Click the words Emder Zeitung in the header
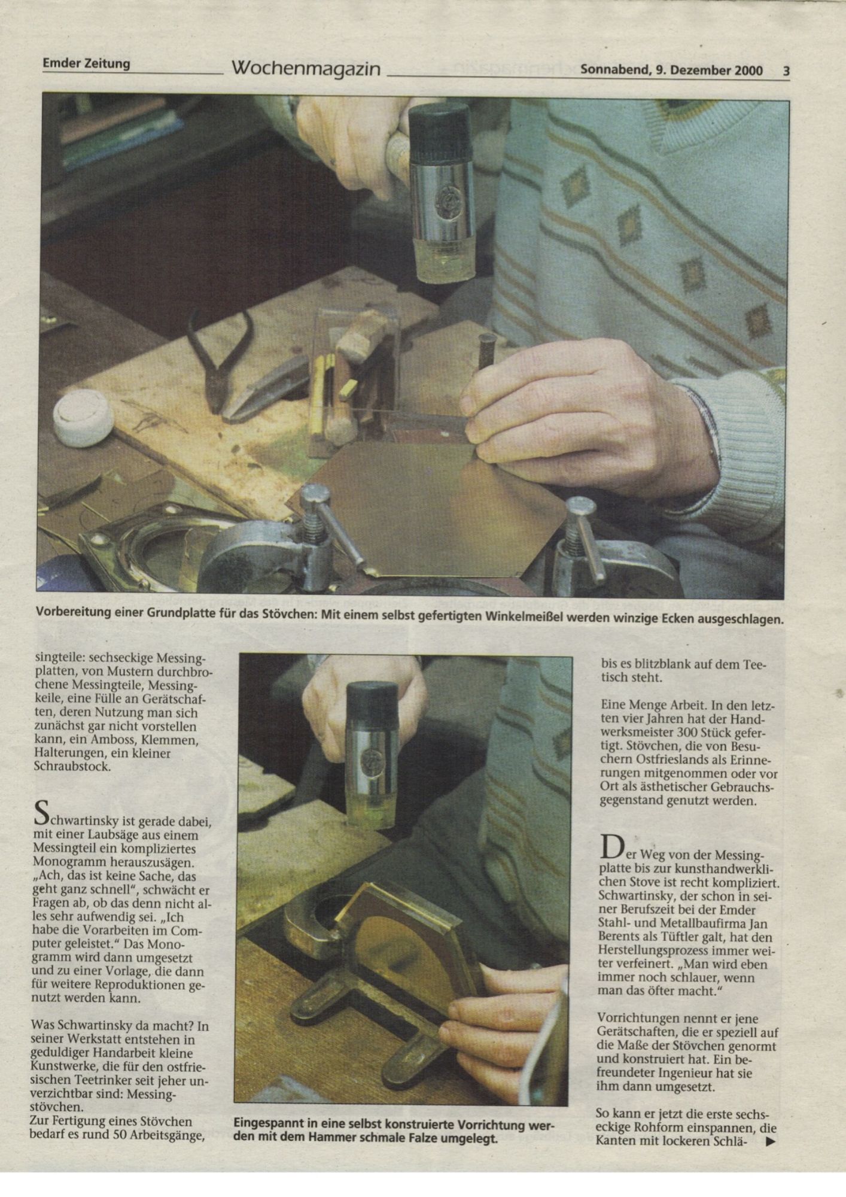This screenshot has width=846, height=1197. pyautogui.click(x=86, y=63)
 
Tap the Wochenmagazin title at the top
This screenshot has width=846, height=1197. pyautogui.click(x=306, y=69)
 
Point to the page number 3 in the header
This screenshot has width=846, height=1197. pyautogui.click(x=786, y=71)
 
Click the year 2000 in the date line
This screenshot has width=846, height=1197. pyautogui.click(x=748, y=70)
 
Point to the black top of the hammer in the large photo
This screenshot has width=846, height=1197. pyautogui.click(x=439, y=126)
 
